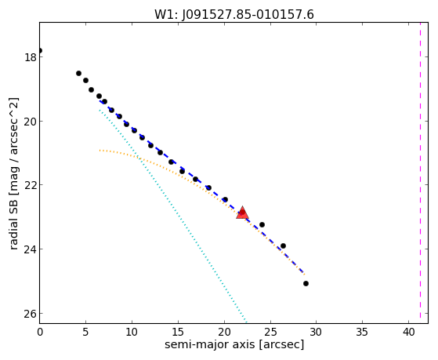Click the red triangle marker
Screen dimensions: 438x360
(242, 213)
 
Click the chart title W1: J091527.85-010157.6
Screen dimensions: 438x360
(234, 15)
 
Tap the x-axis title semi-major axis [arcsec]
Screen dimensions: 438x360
(234, 344)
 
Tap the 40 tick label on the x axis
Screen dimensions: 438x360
(409, 332)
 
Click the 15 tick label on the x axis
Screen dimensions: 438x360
(178, 332)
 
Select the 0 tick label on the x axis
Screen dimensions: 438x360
(40, 332)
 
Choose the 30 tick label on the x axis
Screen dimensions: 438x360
(317, 332)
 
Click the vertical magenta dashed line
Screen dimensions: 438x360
(420, 173)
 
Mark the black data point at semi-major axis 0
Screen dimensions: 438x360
(40, 51)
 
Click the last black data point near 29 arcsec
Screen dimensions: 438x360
(306, 283)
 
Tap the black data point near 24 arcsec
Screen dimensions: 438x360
(262, 224)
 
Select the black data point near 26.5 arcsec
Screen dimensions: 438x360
(283, 245)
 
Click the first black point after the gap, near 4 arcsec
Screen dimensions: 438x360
(79, 73)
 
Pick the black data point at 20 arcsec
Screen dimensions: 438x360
(225, 199)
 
